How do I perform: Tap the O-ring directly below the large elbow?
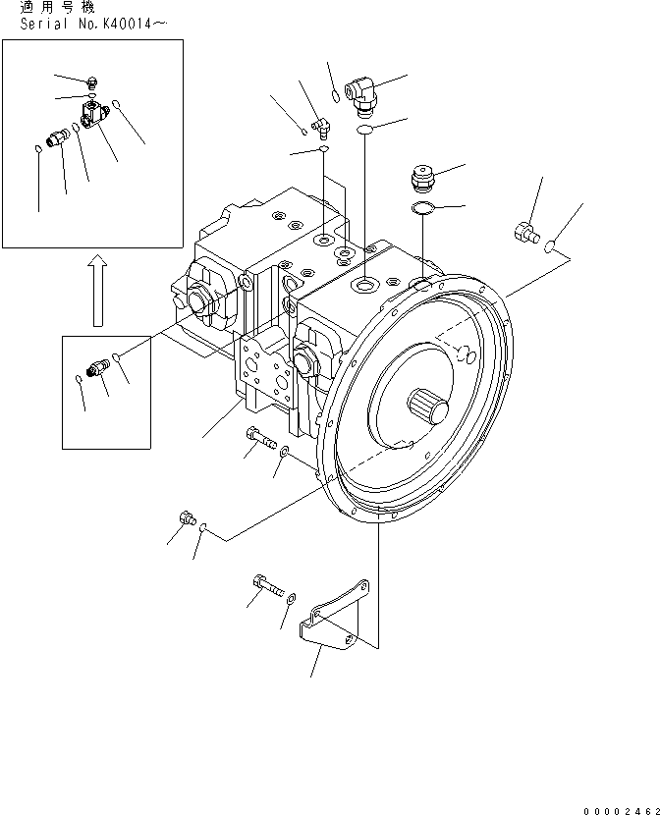click(x=364, y=129)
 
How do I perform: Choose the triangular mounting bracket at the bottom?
click(x=338, y=619)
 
